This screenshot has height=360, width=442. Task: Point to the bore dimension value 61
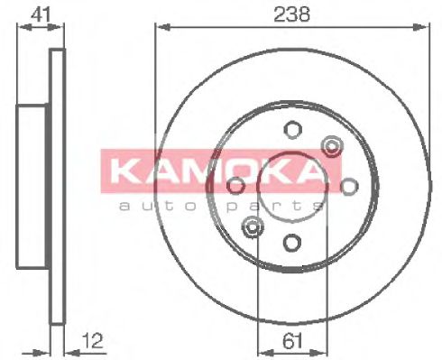tap(290, 340)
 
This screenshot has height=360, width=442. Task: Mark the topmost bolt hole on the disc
tap(291, 128)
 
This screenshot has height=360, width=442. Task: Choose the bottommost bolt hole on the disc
tap(291, 242)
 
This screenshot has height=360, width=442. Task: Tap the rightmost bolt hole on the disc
tap(348, 185)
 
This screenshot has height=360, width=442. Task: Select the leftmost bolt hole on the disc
tap(235, 185)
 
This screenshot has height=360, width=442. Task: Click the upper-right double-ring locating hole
tap(331, 145)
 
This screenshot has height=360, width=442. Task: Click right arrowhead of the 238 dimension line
tap(423, 27)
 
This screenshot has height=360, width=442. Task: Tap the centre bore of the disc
tap(291, 185)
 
